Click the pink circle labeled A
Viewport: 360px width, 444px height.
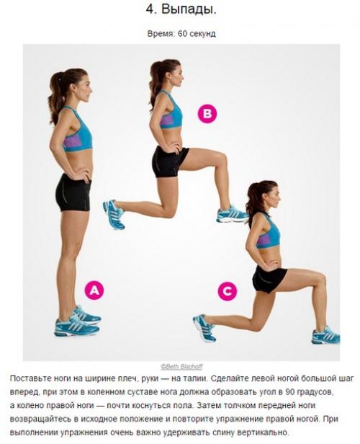pyautogui.click(x=94, y=290)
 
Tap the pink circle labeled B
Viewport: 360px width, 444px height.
pyautogui.click(x=207, y=114)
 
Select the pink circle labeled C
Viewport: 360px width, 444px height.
pyautogui.click(x=228, y=290)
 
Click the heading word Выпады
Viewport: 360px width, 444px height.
pyautogui.click(x=189, y=10)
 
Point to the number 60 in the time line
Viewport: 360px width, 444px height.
pyautogui.click(x=183, y=34)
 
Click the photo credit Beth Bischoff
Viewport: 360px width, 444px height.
pyautogui.click(x=181, y=367)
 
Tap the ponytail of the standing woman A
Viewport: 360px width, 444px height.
pyautogui.click(x=56, y=97)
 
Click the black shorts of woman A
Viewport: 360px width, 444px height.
pyautogui.click(x=74, y=192)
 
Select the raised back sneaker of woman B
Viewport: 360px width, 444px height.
pyautogui.click(x=114, y=213)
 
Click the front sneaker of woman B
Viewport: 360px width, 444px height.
pyautogui.click(x=233, y=214)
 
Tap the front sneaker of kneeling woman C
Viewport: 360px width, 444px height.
pyautogui.click(x=325, y=335)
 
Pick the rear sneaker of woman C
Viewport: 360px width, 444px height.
pyautogui.click(x=204, y=328)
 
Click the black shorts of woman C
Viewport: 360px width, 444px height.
pyautogui.click(x=269, y=279)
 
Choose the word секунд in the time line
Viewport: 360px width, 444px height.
pyautogui.click(x=202, y=34)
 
